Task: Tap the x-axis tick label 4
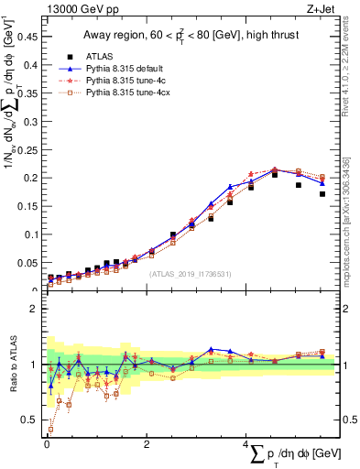click(x=245, y=445)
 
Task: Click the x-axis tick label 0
click(x=47, y=445)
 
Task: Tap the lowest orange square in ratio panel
click(x=50, y=429)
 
